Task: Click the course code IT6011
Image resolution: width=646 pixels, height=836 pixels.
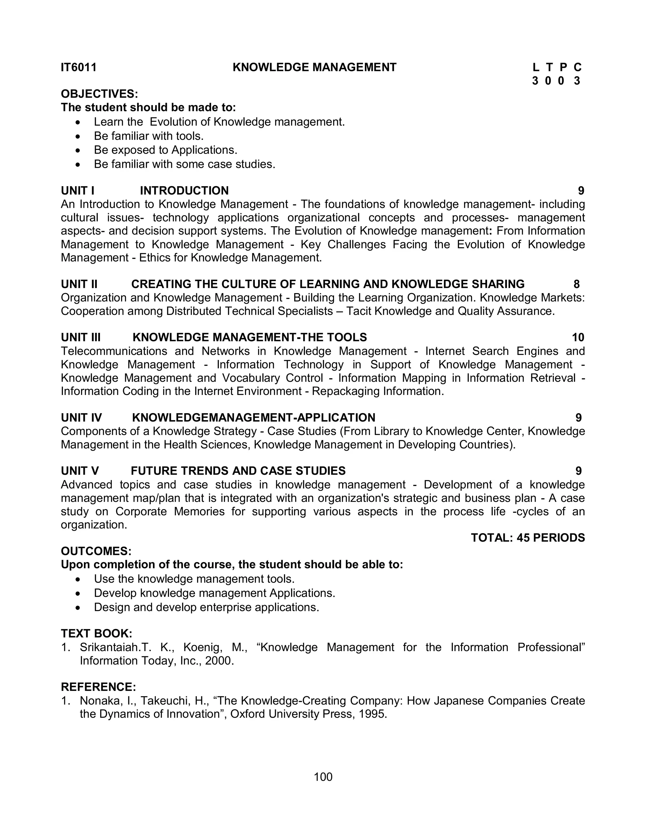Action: pos(79,68)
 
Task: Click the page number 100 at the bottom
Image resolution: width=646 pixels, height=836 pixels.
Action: pos(323,777)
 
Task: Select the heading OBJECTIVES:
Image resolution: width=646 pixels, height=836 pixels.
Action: pos(99,94)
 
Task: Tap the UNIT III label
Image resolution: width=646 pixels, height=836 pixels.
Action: pos(81,337)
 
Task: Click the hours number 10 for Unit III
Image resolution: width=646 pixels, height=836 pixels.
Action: pos(578,337)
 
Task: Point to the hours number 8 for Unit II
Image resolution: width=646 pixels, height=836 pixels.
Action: pos(576,284)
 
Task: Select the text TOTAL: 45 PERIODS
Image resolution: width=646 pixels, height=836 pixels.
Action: pos(528,538)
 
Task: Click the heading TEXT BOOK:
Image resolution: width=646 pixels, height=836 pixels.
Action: pos(97,633)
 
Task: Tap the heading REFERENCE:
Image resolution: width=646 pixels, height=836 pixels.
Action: pos(98,687)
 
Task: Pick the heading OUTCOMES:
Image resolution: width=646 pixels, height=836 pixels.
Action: pos(96,551)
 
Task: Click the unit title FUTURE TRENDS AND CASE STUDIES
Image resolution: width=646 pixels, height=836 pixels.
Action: pos(238,471)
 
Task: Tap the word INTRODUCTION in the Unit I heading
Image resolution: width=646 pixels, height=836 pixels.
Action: pos(184,191)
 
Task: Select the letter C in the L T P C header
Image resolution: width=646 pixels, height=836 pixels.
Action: pos(578,68)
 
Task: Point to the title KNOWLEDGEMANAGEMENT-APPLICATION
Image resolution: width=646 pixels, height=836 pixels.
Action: pos(253,418)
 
